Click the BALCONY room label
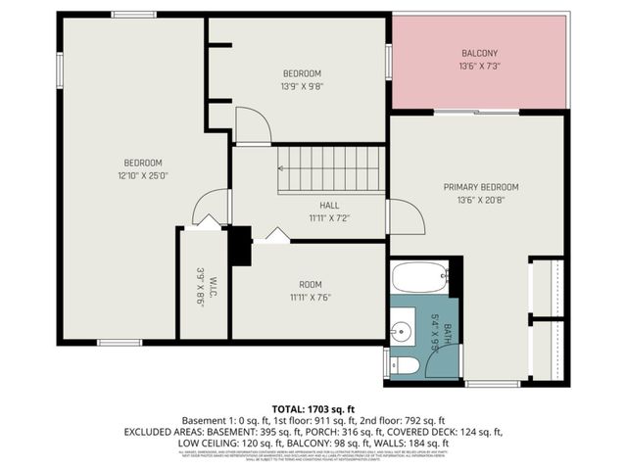(480, 53)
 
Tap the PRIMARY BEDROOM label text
(480, 187)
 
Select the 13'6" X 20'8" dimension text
(480, 201)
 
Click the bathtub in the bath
(419, 277)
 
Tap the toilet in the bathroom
(407, 365)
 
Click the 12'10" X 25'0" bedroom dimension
(142, 176)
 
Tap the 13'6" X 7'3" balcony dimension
(480, 67)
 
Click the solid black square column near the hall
(240, 247)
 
